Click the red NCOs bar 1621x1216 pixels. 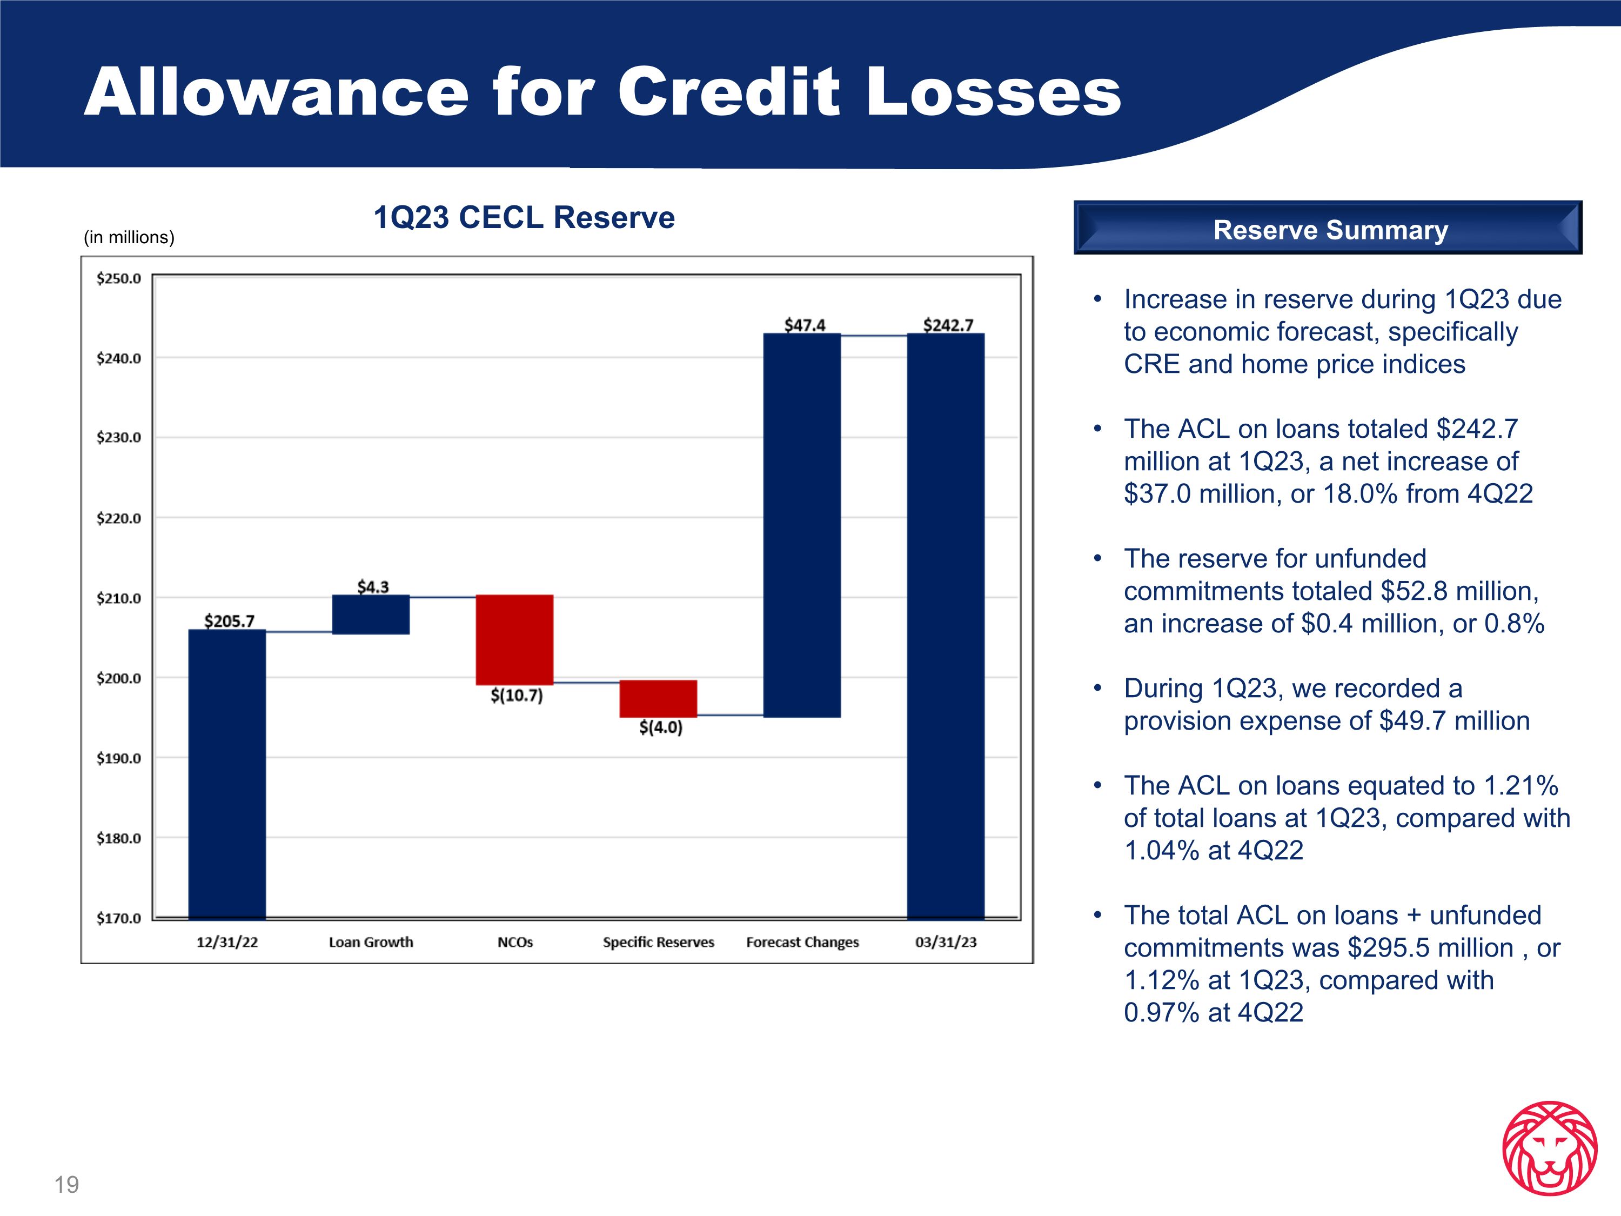tap(514, 639)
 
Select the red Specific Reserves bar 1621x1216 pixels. tap(658, 698)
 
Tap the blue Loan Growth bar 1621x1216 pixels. tap(371, 614)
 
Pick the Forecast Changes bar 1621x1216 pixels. tap(802, 525)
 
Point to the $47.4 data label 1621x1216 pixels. tap(805, 325)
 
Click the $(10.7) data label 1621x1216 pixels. tap(517, 696)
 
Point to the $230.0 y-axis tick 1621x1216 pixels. tap(119, 438)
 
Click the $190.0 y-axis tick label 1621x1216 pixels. tap(119, 758)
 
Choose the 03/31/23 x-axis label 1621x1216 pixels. tap(946, 942)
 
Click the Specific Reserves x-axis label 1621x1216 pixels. tap(658, 942)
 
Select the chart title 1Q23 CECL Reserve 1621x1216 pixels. tap(524, 218)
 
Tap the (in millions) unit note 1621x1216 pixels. tap(129, 237)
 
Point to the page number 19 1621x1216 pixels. tap(66, 1185)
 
